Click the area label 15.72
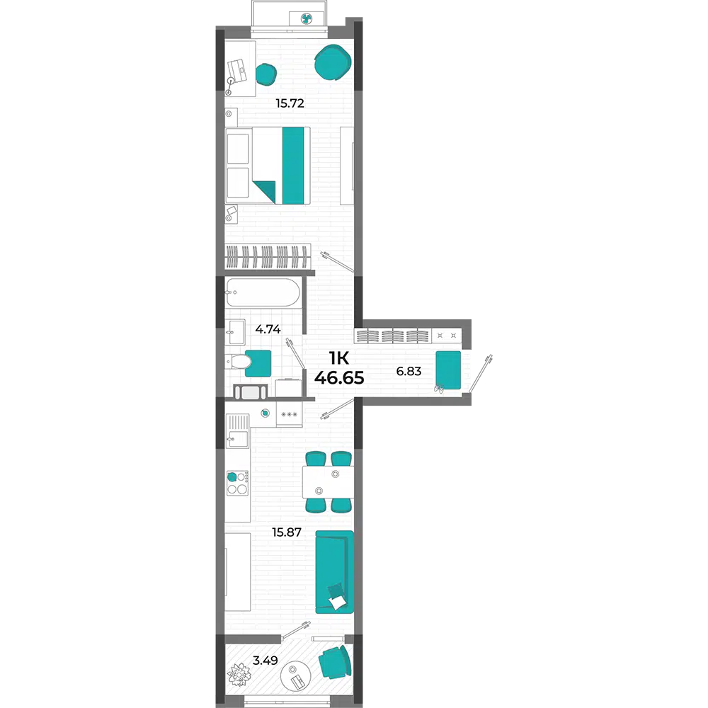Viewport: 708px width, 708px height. tap(290, 103)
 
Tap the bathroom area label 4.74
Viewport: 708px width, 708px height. tap(268, 329)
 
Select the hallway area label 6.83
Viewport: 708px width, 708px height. tap(409, 371)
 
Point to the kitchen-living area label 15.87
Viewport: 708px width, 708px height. tap(286, 532)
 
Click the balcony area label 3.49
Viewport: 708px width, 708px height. tap(265, 661)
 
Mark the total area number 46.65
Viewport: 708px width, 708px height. tap(339, 378)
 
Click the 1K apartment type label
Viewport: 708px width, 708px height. tap(339, 358)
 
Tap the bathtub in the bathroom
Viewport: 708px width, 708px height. tap(263, 292)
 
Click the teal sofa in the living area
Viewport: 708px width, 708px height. tap(334, 571)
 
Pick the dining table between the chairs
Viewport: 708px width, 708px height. tap(329, 482)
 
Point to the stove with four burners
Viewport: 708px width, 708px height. tap(237, 483)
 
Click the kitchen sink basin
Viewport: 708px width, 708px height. tap(237, 439)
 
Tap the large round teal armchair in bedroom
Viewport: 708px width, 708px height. tap(333, 63)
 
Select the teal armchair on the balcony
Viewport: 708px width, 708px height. tap(335, 662)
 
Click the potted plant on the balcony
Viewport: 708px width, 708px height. tap(238, 675)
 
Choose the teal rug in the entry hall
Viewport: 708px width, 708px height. tap(448, 370)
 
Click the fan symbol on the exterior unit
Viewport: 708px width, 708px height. tap(307, 19)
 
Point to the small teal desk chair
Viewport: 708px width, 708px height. tap(266, 74)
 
